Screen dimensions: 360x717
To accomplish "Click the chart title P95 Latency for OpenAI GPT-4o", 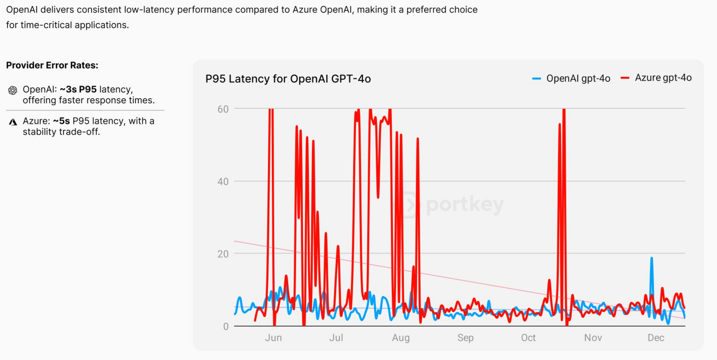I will coord(288,79).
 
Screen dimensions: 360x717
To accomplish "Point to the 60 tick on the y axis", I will coord(223,109).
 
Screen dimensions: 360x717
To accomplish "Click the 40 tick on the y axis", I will coord(223,181).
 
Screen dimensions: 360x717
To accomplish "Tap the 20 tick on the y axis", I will coord(223,254).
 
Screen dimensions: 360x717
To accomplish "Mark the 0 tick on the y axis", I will coord(225,326).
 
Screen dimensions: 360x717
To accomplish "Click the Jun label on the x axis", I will coord(273,338).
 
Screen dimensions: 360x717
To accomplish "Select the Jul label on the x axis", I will coord(336,338).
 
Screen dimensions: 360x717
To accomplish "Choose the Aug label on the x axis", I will coord(400,338).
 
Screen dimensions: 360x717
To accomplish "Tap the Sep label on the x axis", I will coord(465,338).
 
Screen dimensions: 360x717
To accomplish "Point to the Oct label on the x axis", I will coord(528,338).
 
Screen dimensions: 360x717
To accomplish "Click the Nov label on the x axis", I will coord(593,338).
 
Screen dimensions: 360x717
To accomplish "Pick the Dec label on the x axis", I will coord(656,338).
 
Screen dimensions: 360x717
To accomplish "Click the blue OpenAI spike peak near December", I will coord(651,258).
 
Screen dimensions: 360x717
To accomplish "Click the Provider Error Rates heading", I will coord(52,65).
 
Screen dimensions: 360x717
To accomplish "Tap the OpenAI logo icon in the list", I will coord(13,90).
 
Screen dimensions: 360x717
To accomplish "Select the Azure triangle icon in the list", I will coord(13,122).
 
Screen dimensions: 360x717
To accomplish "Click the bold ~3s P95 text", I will coord(78,89).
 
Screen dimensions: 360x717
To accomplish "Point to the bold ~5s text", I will coord(61,121).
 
